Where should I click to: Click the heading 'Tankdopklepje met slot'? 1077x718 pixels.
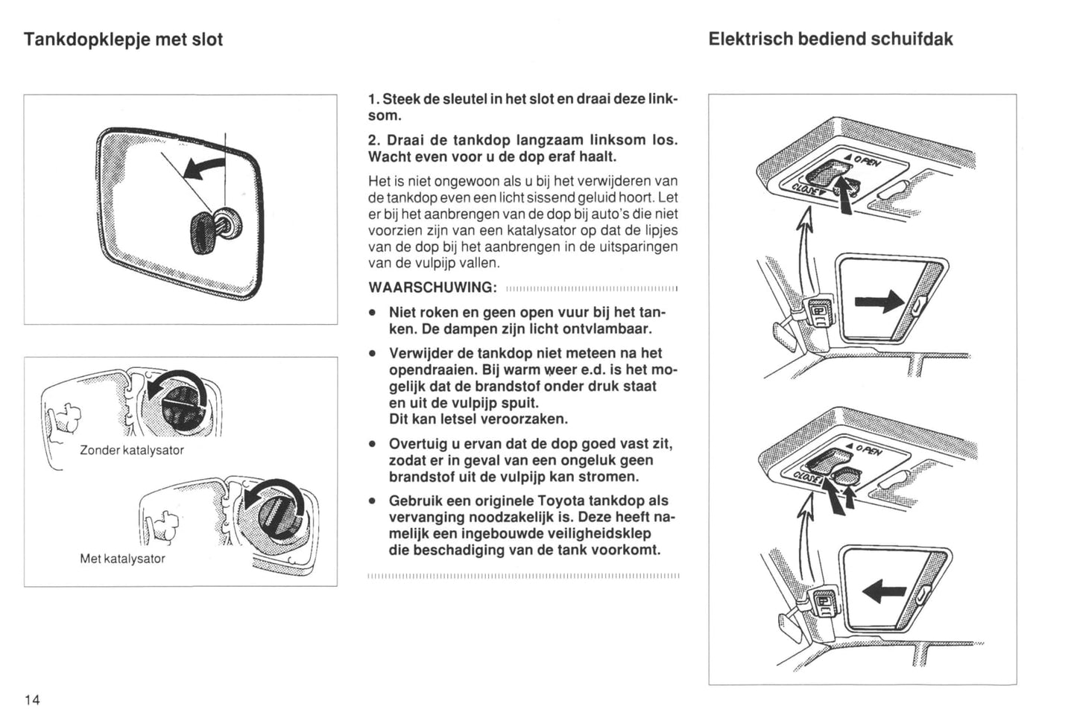pos(123,39)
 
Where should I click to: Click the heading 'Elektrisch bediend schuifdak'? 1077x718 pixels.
pos(830,39)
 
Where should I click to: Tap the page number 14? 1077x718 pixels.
pos(32,699)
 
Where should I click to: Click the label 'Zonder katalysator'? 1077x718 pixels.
pos(131,450)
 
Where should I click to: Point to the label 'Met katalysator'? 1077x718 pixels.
pos(122,559)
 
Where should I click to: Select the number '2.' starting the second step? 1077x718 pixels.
pos(374,140)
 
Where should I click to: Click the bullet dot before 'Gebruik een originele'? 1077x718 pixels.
pos(371,501)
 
